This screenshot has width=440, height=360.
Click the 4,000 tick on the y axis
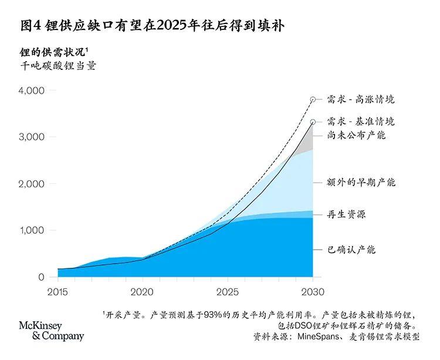point(32,91)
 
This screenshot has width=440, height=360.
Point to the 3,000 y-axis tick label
point(32,137)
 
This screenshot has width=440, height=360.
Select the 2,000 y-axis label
point(32,184)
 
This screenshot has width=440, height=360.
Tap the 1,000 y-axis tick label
point(32,230)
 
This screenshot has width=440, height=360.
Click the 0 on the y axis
point(40,277)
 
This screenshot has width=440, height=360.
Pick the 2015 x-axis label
point(57,291)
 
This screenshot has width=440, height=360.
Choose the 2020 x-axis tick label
point(142,291)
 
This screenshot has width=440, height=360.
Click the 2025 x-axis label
point(227,291)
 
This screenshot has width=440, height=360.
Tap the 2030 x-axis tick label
point(312,291)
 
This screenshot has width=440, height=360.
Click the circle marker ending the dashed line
point(313,100)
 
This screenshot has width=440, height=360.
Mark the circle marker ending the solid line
point(313,122)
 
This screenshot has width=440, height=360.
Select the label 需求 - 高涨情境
point(361,100)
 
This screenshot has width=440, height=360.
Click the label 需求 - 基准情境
point(361,122)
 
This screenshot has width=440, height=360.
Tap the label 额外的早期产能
point(361,183)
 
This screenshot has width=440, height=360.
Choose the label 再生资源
point(346,214)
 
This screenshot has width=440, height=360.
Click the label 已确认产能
point(351,250)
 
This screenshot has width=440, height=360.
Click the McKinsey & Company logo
point(52,331)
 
